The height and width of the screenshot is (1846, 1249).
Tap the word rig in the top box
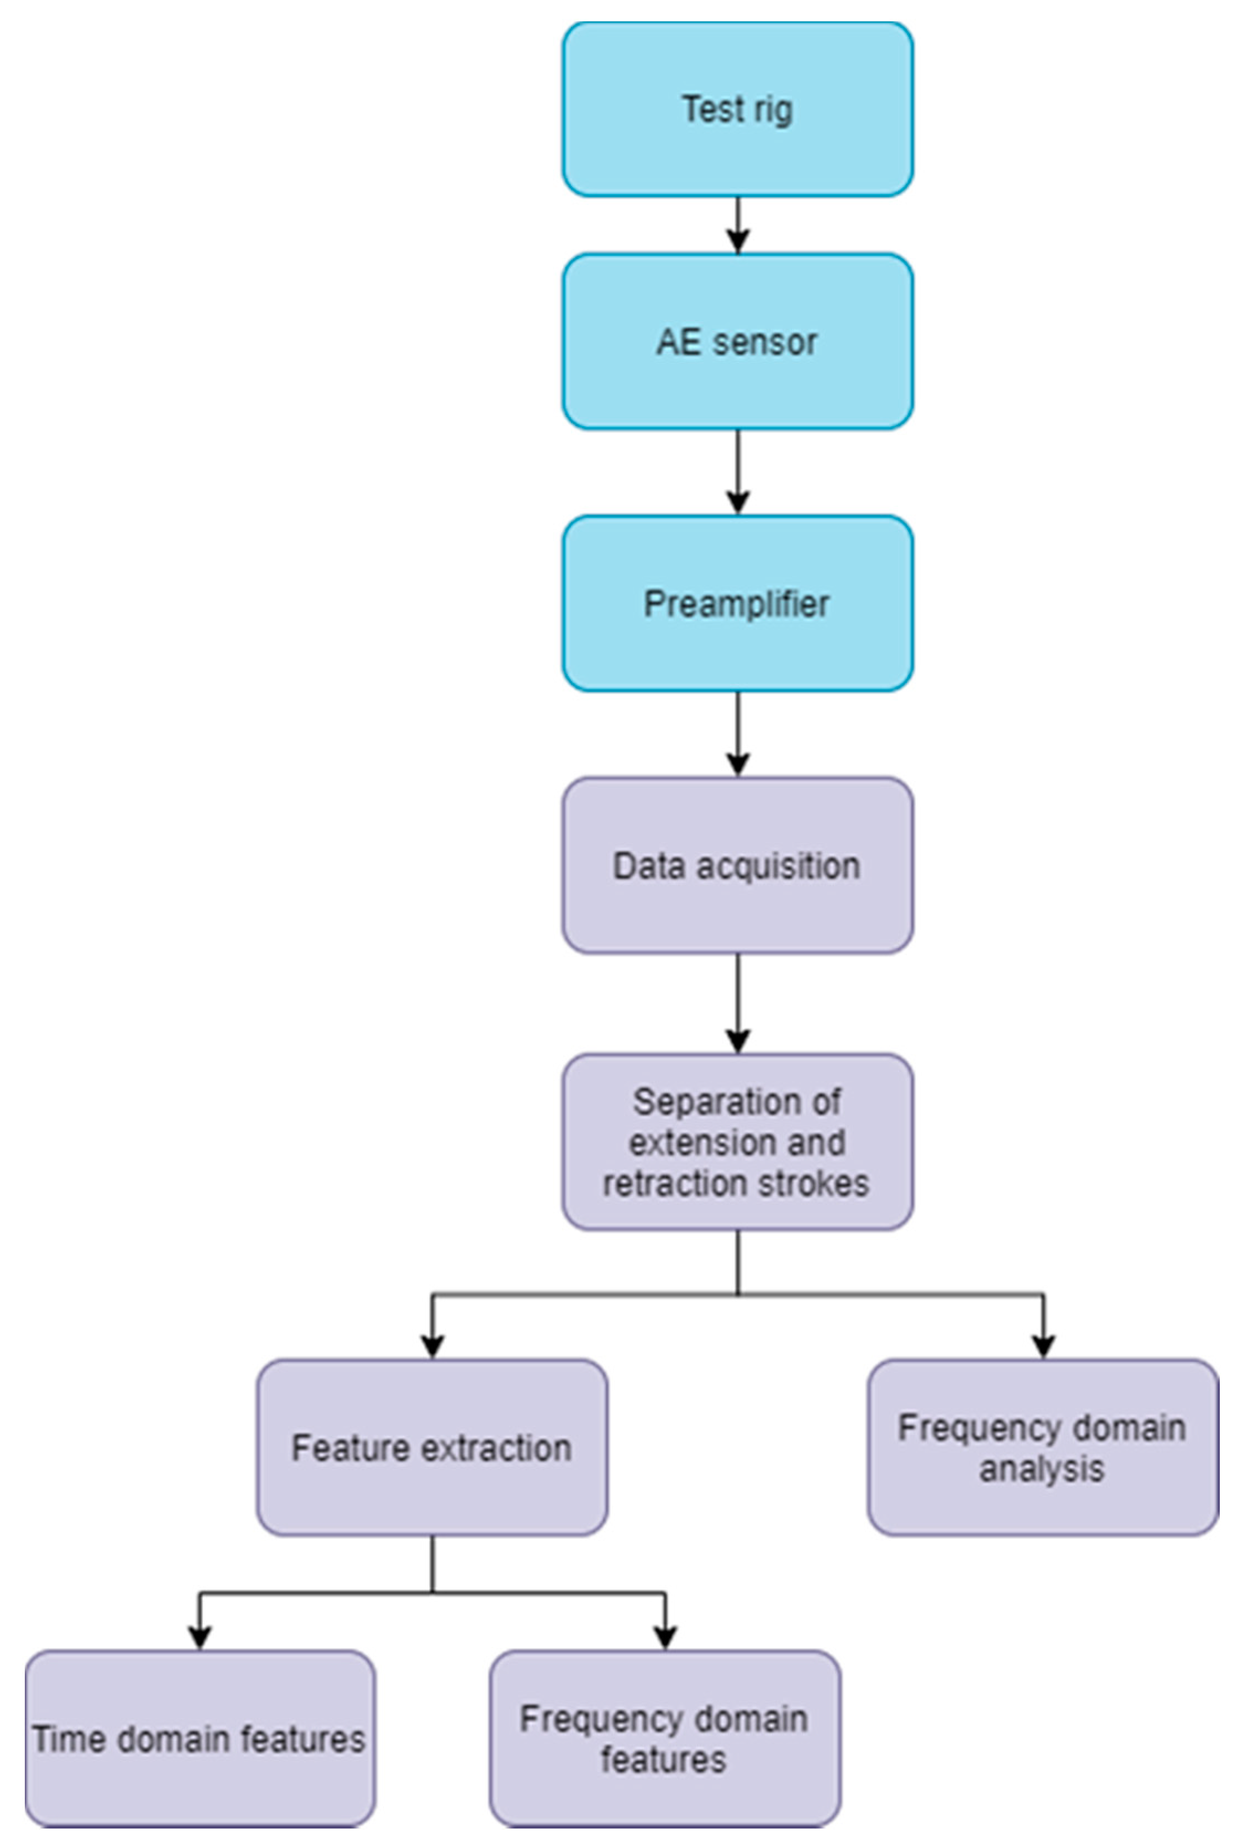pyautogui.click(x=772, y=109)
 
